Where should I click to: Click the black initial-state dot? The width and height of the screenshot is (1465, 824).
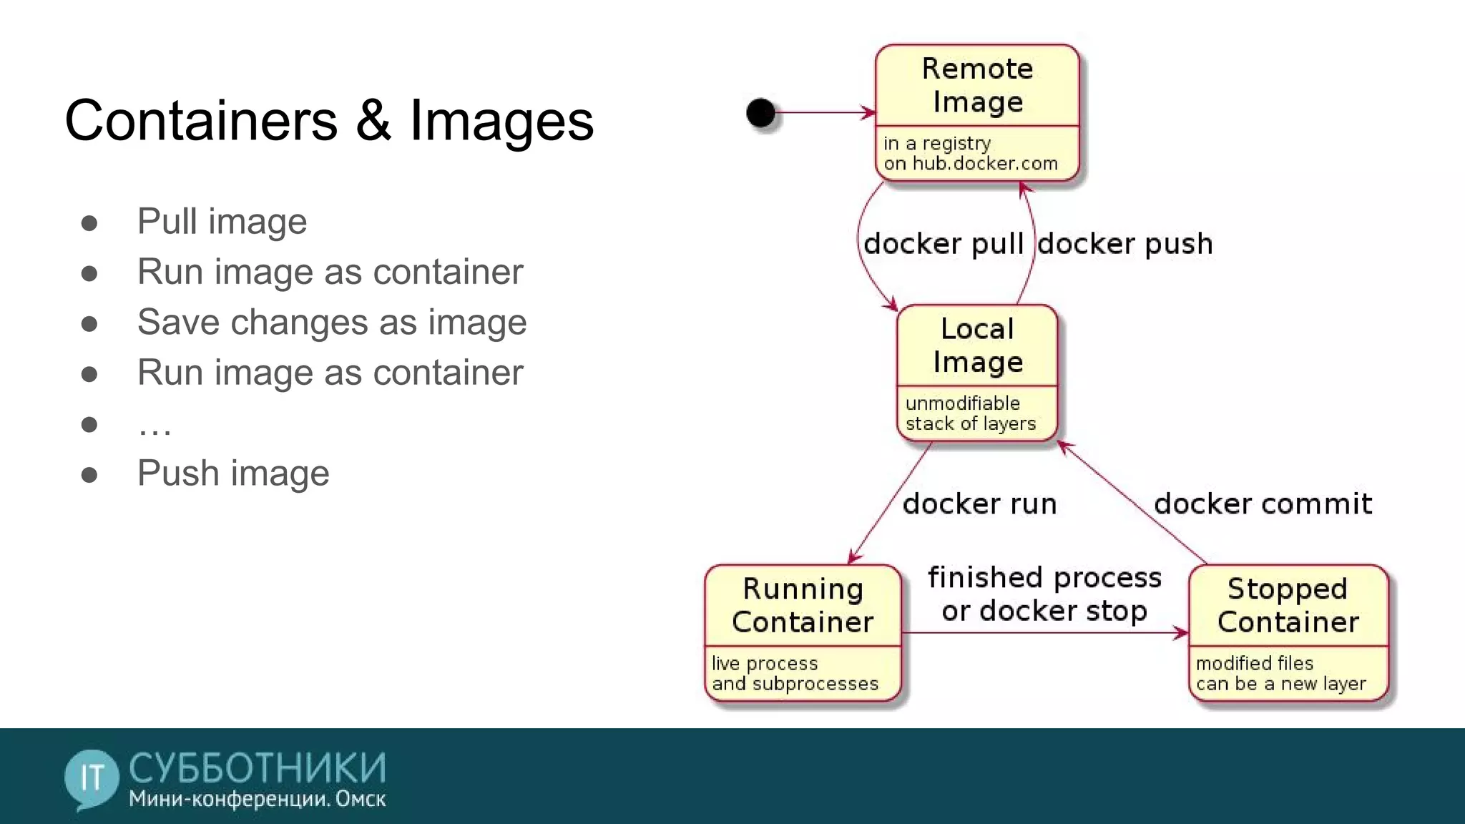760,112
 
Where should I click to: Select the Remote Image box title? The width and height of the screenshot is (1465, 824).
977,85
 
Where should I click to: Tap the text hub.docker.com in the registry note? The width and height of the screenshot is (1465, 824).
985,164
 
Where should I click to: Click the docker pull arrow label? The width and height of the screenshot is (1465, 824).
944,244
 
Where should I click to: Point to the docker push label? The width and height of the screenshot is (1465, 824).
1125,244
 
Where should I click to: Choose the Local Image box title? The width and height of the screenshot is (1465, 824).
977,345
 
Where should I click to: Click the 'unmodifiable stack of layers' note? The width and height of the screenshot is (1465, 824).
970,413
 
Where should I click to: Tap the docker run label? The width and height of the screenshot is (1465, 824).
979,504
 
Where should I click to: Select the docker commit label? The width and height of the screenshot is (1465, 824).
1263,504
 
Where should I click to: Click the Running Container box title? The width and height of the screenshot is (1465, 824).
803,605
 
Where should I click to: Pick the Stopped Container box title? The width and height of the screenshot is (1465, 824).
1288,605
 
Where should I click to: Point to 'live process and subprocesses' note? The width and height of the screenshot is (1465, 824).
794,674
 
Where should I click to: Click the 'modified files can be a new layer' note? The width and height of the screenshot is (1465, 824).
1280,674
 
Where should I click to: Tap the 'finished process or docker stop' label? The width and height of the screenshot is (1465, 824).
1044,594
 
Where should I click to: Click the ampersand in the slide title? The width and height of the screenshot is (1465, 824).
373,120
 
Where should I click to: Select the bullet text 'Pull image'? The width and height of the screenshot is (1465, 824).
222,221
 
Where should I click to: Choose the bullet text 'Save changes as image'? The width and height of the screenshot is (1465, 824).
332,322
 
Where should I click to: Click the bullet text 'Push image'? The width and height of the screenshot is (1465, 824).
233,474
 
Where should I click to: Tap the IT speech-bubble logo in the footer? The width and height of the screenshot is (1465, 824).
92,778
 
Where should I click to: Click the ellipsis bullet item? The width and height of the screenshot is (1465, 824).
155,426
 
